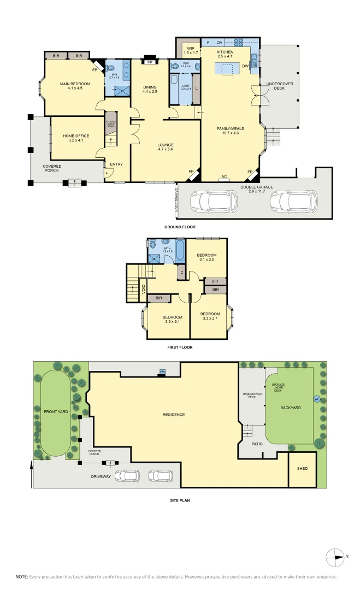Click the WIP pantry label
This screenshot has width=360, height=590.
[x=191, y=48]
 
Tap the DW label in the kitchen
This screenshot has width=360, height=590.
[x=245, y=67]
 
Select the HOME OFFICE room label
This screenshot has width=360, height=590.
[x=75, y=136]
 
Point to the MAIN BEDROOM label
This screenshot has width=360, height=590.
[x=74, y=84]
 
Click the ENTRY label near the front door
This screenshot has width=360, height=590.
[x=116, y=164]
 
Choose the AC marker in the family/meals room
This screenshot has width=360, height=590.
[x=224, y=176]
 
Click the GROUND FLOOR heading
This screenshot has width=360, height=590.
[x=180, y=227]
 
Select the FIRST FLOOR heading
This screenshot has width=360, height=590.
[x=180, y=347]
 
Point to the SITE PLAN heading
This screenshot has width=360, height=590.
[x=180, y=499]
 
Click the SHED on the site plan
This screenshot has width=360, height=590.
[x=302, y=469]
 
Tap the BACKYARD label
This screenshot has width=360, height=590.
[x=290, y=408]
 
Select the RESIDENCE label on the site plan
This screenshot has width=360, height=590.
[x=174, y=415]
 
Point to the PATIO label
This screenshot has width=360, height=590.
[x=257, y=444]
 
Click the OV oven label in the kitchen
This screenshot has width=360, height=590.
[x=219, y=42]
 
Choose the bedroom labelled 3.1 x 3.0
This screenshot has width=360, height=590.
[x=206, y=257]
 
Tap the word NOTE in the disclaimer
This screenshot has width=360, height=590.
[x=21, y=576]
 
